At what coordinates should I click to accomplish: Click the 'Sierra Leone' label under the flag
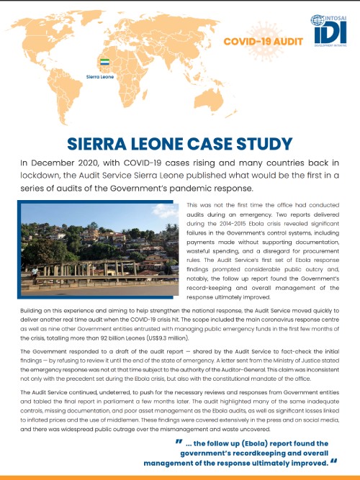[x=101, y=74]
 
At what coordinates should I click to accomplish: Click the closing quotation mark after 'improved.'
[x=333, y=463]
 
